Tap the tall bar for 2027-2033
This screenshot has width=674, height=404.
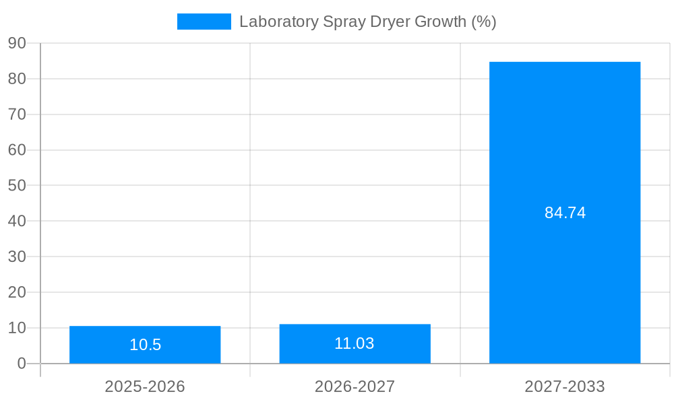565,168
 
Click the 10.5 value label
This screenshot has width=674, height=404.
145,345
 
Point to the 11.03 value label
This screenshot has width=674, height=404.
355,343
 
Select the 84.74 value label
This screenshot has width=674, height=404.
565,213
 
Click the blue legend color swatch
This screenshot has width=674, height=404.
204,22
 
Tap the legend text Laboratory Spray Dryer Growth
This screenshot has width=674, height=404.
367,22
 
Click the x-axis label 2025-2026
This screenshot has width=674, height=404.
145,386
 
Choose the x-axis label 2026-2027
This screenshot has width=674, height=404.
355,386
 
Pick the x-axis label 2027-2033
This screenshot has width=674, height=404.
565,386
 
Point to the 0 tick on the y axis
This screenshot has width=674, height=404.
22,364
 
